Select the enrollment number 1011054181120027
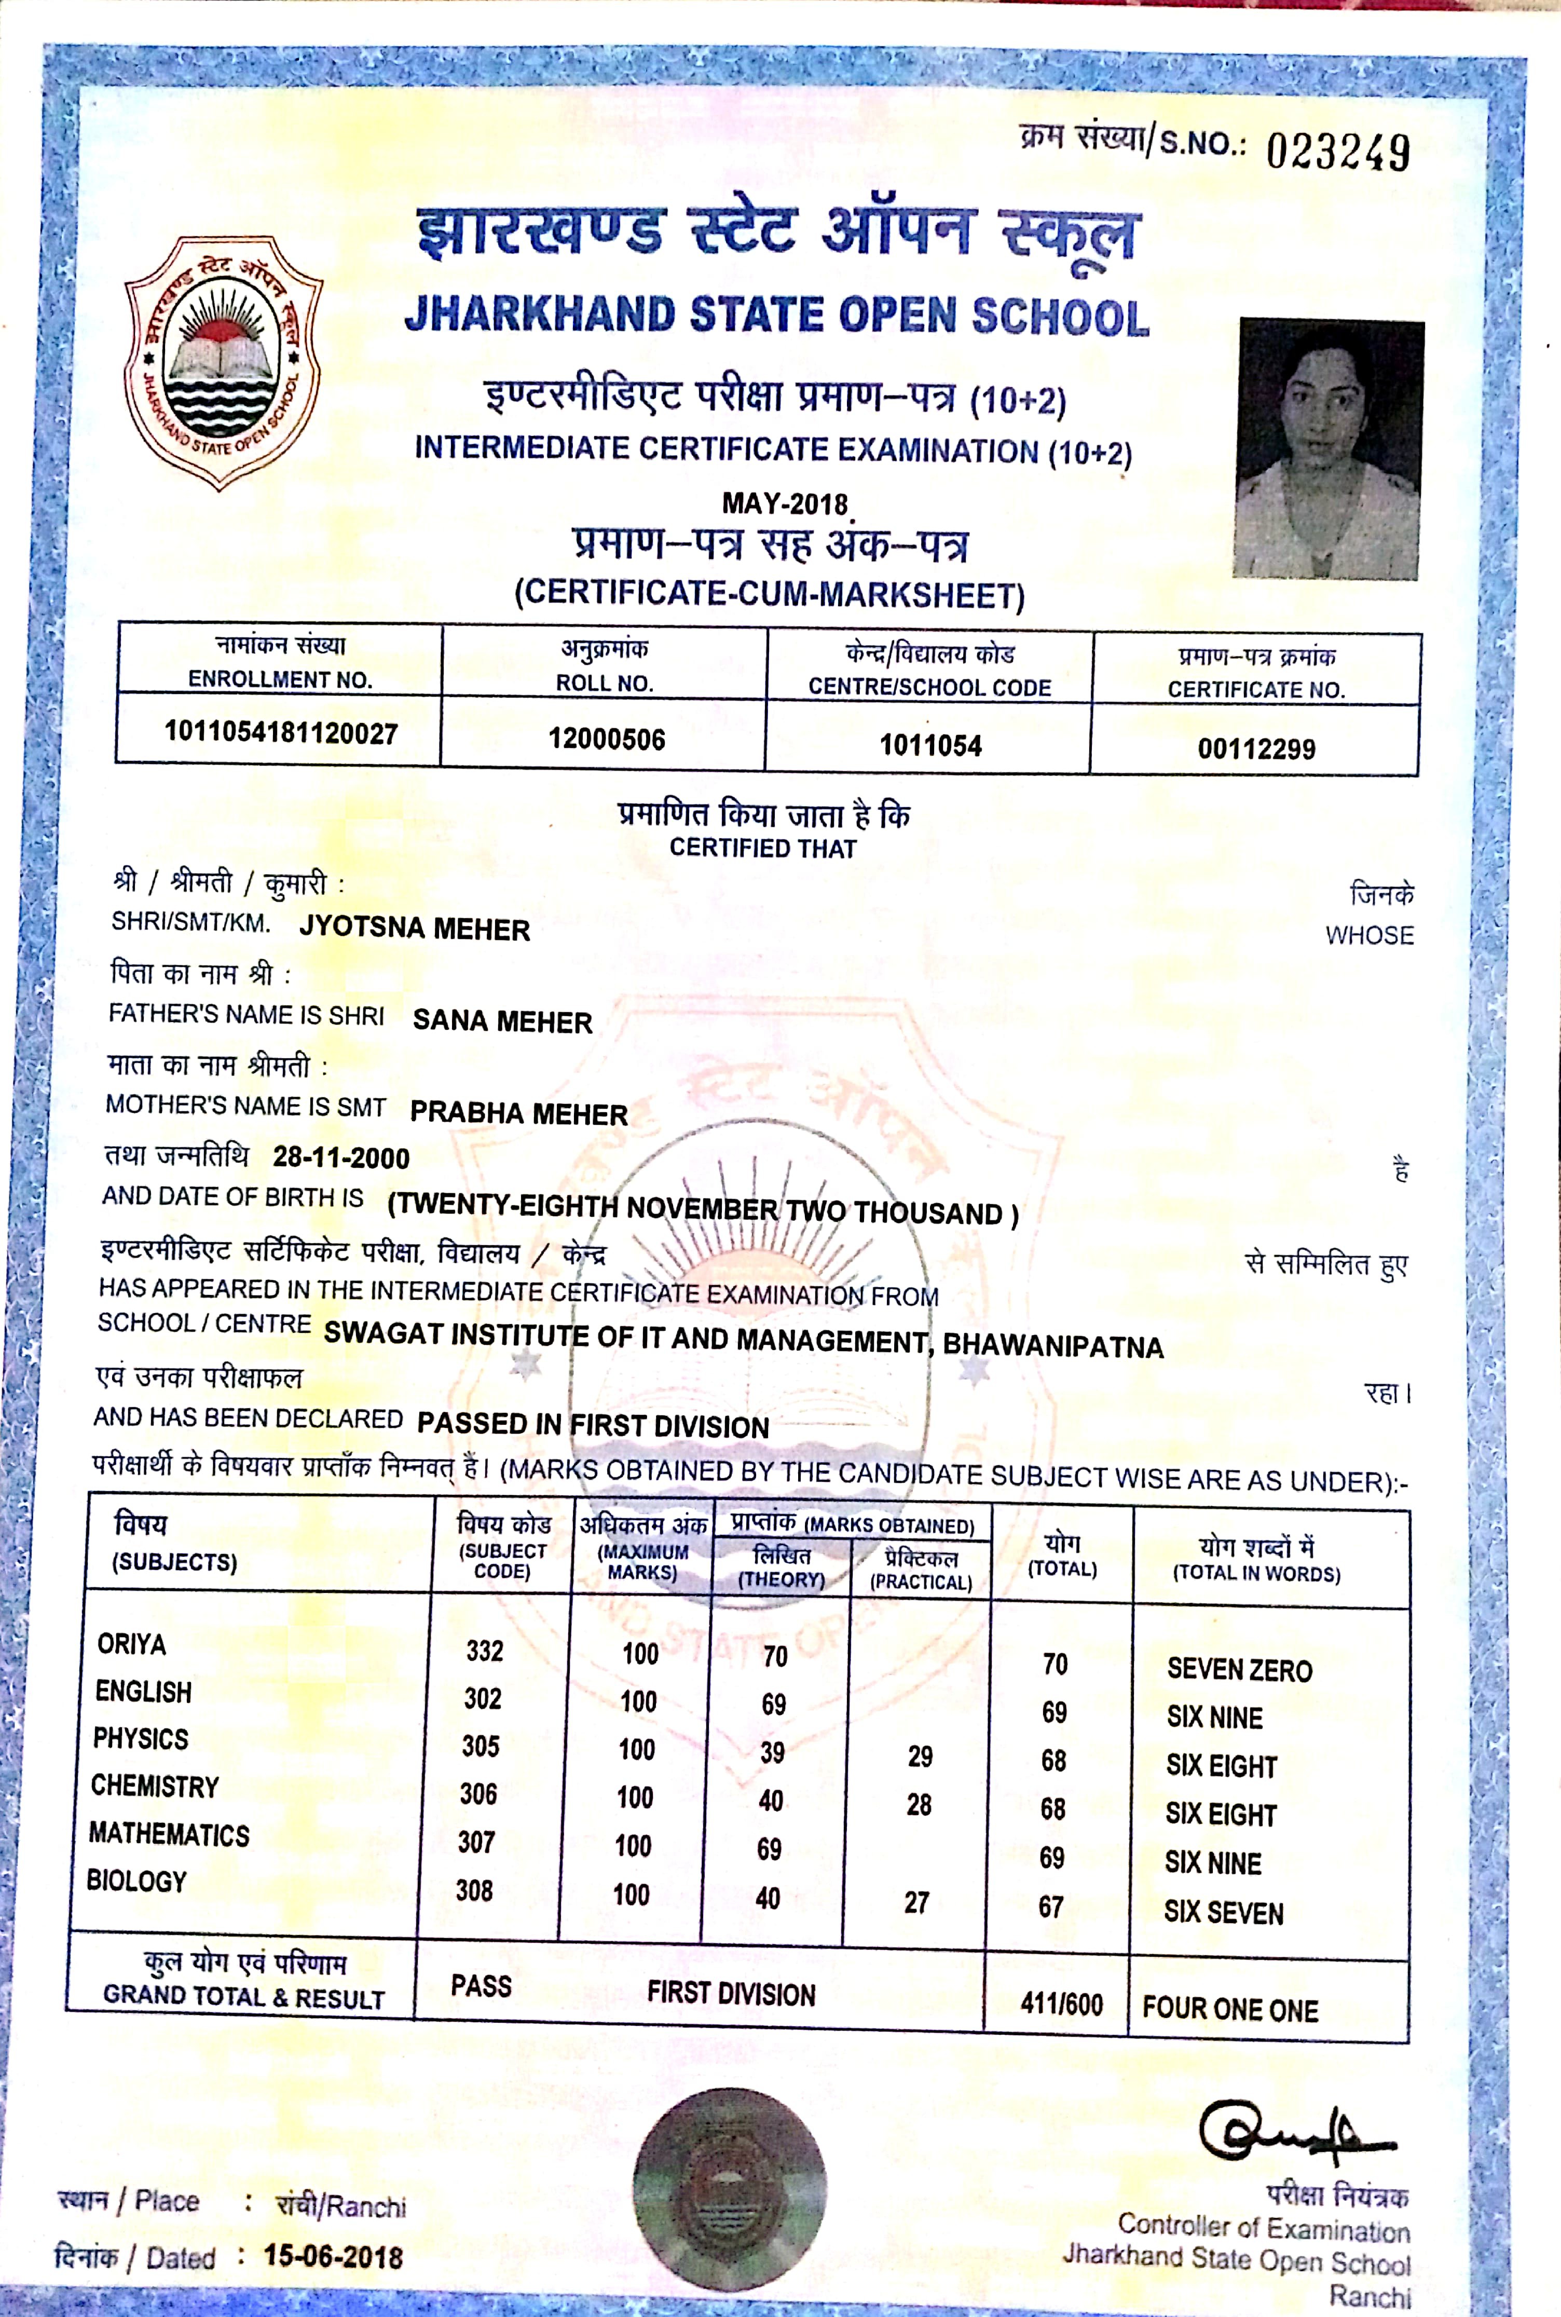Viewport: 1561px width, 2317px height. coord(281,734)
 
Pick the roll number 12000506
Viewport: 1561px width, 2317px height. coord(606,739)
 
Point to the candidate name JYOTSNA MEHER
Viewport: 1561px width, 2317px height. coord(414,929)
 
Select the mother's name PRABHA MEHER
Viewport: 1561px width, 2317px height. coord(518,1113)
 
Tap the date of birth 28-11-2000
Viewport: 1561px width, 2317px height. coord(340,1157)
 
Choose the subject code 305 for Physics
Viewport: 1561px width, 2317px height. coord(480,1746)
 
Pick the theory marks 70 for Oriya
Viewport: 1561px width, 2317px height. coord(774,1656)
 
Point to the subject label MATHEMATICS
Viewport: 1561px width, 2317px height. coord(169,1834)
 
